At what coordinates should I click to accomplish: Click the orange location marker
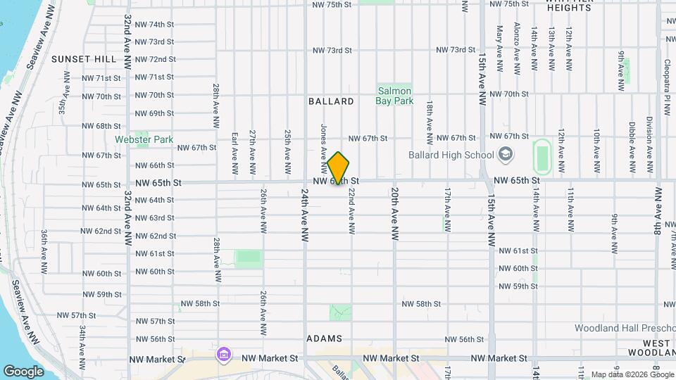tap(339, 168)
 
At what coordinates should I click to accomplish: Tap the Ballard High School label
tap(452, 154)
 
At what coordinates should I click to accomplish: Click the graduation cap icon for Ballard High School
tap(506, 153)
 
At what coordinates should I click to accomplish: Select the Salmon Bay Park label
tap(394, 96)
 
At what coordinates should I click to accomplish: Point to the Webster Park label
tap(144, 139)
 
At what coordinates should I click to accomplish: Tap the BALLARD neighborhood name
tap(331, 101)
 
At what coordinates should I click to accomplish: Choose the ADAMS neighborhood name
tap(325, 338)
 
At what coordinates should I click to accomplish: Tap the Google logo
tap(24, 371)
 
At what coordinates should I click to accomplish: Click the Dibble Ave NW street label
tap(632, 148)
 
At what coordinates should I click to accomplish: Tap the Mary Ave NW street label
tap(499, 49)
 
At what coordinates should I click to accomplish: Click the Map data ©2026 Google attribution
tap(631, 374)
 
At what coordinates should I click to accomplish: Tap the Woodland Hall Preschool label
tap(624, 328)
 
